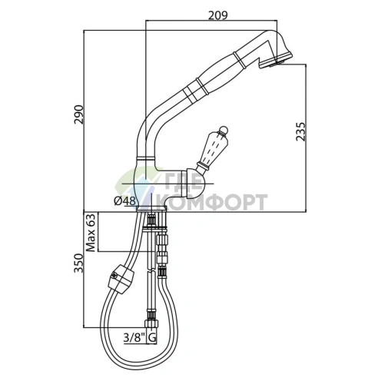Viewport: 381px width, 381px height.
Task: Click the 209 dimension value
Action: coord(217,15)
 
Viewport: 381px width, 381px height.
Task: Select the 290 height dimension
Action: coord(78,114)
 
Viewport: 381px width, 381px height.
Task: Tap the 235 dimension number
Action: coord(300,131)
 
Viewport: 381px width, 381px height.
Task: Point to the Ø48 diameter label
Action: coord(124,201)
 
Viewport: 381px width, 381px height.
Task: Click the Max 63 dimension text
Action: coord(91,233)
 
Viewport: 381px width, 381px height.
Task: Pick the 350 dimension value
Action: coord(78,263)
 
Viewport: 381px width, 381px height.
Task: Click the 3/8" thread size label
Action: coord(134,338)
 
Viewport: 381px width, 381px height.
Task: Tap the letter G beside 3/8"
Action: coord(151,338)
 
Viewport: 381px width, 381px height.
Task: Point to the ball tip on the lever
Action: coord(223,130)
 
